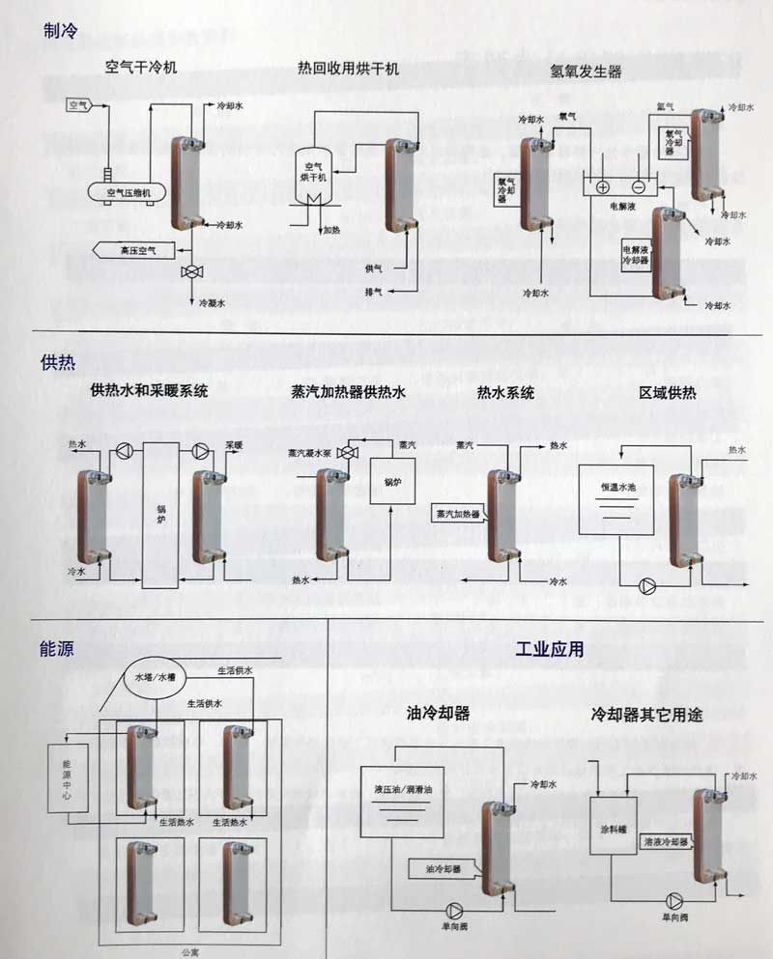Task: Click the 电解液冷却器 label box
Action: [635, 254]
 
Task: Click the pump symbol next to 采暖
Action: [200, 451]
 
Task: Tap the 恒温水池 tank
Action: [617, 500]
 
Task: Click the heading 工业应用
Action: [550, 649]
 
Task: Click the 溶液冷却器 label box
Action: [666, 842]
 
